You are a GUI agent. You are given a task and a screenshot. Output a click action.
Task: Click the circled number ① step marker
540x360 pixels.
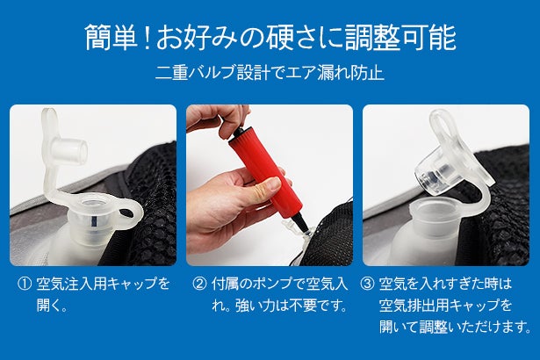tap(25, 284)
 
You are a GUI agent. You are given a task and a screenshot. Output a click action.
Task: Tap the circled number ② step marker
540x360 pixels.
tap(199, 284)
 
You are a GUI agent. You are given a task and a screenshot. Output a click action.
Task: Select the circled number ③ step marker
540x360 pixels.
tap(367, 284)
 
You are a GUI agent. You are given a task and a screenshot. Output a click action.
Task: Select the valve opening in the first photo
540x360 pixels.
tap(92, 203)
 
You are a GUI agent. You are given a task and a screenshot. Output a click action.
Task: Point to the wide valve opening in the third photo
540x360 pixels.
tap(435, 209)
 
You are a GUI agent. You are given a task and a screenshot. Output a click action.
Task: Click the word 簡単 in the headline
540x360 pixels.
tap(111, 37)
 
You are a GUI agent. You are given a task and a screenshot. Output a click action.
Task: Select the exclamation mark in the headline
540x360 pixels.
tap(147, 37)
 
